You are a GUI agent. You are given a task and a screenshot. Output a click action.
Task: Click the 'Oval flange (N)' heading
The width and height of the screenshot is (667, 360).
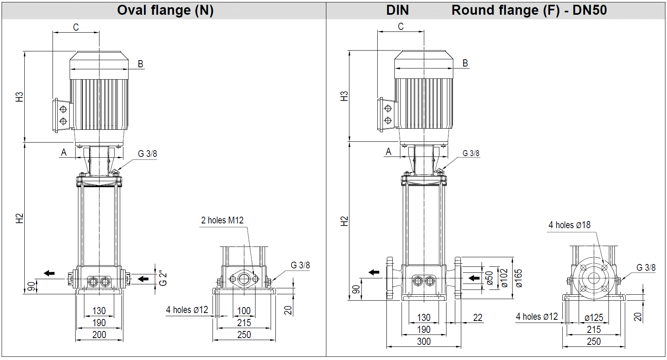tap(165, 10)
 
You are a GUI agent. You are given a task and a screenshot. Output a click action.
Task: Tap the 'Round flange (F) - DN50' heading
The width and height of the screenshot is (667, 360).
tap(529, 10)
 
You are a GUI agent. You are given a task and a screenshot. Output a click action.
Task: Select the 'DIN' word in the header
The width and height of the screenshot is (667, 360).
tap(397, 10)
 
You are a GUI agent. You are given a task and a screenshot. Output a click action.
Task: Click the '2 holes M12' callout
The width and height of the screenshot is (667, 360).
tap(222, 220)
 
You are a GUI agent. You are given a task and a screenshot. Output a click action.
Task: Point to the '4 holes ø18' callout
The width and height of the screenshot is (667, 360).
tap(569, 225)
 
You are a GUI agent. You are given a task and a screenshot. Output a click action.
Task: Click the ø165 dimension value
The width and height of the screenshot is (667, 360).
tap(518, 278)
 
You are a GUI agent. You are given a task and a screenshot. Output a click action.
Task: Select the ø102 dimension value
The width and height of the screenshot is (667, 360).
tap(504, 278)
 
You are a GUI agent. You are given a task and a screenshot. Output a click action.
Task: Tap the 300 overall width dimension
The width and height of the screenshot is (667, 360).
tap(424, 341)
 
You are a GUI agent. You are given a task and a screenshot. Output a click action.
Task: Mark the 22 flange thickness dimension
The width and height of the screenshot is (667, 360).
tap(478, 317)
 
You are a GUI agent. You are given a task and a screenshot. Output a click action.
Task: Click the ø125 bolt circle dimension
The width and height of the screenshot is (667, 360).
tap(594, 317)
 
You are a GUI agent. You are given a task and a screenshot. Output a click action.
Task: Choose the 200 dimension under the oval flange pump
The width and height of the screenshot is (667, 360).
tap(99, 335)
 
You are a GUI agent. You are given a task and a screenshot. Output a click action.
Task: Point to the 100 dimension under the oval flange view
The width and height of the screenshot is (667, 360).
tap(244, 311)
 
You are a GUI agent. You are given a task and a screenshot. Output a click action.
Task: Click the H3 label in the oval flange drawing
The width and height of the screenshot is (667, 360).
tap(20, 97)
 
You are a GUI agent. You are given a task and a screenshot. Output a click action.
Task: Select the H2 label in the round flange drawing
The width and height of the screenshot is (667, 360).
tap(344, 221)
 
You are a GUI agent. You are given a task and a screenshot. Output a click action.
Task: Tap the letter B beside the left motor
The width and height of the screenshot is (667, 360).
tap(140, 64)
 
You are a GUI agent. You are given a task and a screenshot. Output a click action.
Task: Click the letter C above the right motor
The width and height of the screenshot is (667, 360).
tap(401, 26)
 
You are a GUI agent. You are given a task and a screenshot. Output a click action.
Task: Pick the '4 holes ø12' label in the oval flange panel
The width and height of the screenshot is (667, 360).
tap(187, 310)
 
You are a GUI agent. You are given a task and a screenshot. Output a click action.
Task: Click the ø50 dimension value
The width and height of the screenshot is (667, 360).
tap(490, 278)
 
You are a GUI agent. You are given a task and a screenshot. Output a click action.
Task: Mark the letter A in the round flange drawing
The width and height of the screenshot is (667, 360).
tap(388, 152)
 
